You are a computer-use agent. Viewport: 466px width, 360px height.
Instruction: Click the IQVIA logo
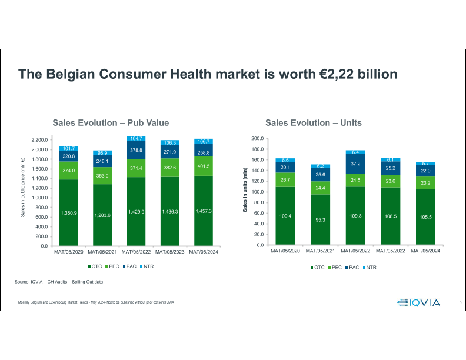[x=418, y=302]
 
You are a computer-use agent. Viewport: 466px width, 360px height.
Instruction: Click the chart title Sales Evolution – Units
[x=313, y=123]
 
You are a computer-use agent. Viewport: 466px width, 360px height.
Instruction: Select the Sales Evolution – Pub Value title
[x=111, y=123]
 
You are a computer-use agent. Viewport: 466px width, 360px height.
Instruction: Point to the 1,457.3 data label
[x=202, y=211]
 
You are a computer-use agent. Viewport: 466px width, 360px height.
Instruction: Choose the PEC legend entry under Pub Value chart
[x=111, y=266]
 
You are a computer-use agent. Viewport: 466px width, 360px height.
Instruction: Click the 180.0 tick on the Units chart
[x=257, y=149]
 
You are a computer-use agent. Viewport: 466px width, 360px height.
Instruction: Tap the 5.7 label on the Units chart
[x=425, y=163]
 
